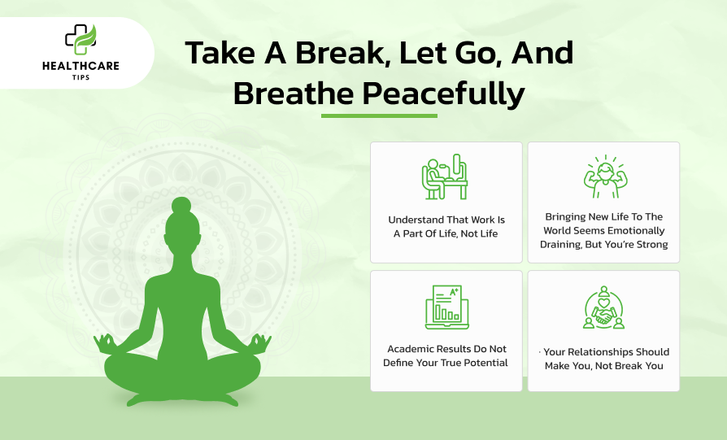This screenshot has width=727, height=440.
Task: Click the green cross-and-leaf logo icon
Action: [x=81, y=39]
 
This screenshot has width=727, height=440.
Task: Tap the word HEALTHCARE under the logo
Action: [x=81, y=66]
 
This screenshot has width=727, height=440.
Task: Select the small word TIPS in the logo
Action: [x=81, y=77]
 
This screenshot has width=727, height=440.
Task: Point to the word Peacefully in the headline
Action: [x=443, y=94]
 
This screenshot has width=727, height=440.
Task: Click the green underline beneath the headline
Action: [x=379, y=116]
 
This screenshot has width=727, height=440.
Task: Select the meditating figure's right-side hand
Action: [x=260, y=343]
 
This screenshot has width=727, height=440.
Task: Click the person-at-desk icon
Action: [x=445, y=176]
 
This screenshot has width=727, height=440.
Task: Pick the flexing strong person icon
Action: [x=605, y=176]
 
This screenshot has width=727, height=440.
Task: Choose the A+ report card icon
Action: [x=447, y=307]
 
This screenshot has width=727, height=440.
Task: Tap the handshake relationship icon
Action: [x=603, y=307]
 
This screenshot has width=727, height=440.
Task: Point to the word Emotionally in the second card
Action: [x=636, y=231]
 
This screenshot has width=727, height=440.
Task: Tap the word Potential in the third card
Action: [x=486, y=363]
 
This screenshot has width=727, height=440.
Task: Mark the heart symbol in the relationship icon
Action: [x=603, y=303]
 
